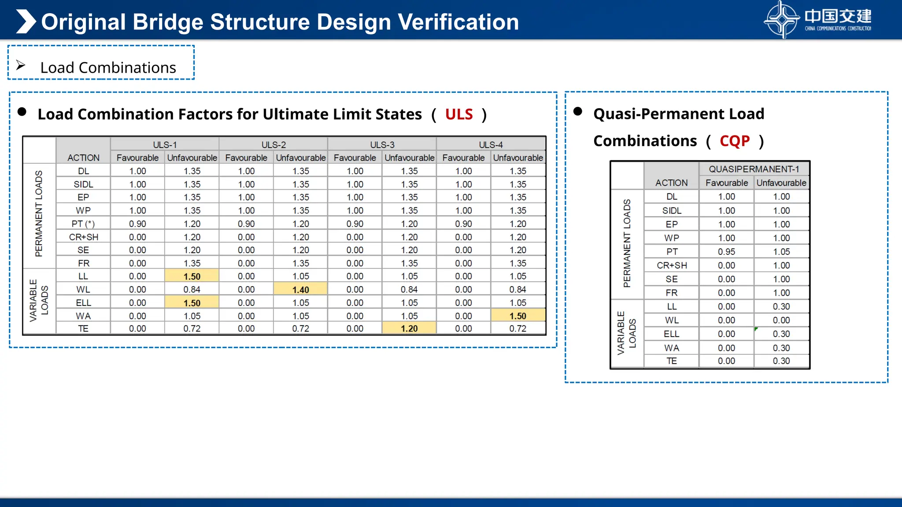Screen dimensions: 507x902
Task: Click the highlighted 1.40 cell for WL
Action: (x=300, y=290)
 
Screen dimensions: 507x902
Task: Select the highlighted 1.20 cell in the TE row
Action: (x=409, y=328)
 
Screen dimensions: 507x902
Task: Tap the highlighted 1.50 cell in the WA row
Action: (x=518, y=316)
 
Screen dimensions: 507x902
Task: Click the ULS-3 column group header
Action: (x=382, y=145)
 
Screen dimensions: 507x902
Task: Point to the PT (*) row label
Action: (x=83, y=224)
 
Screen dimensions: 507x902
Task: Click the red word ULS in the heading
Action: (x=458, y=114)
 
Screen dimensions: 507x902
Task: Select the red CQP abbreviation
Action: (x=734, y=141)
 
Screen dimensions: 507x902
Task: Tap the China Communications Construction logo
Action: (x=817, y=19)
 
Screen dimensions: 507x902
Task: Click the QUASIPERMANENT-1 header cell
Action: (x=754, y=169)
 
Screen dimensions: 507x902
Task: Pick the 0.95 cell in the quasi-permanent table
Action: (x=726, y=252)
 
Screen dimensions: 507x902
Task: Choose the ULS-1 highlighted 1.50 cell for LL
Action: (x=192, y=276)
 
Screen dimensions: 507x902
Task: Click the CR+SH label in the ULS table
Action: (x=83, y=237)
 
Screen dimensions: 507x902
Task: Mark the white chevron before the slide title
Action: (x=26, y=22)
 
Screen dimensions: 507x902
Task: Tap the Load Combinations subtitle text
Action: (x=108, y=68)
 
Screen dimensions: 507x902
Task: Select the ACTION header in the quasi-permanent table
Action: (x=671, y=183)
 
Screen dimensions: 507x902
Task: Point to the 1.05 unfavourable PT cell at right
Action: (x=781, y=252)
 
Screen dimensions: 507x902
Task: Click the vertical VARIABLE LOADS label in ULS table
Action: (x=39, y=301)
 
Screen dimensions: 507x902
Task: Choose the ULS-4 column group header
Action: (x=491, y=145)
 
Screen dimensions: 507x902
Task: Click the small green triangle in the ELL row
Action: (x=756, y=329)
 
